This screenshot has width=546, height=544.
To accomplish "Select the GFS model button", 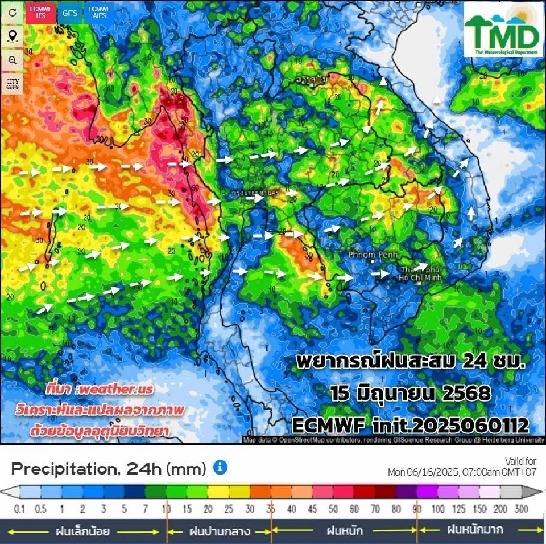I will (70, 13).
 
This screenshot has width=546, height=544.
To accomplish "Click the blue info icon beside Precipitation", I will (220, 468).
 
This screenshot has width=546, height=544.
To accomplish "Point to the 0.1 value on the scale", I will (20, 509).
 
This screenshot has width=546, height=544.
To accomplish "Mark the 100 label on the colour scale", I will (439, 509).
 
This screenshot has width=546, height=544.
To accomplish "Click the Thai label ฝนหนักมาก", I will (475, 530).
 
